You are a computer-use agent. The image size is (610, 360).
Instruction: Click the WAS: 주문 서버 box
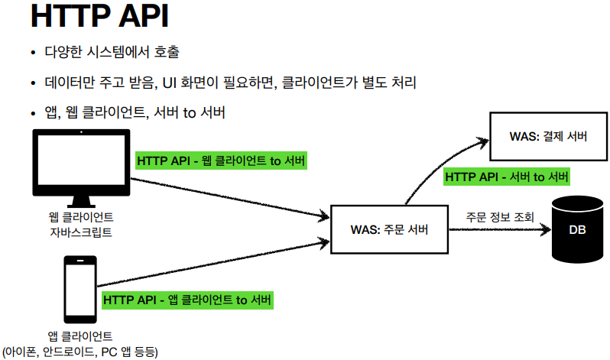(388, 229)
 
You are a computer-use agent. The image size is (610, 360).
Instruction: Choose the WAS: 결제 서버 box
(548, 137)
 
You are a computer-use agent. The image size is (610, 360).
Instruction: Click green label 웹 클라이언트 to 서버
(221, 161)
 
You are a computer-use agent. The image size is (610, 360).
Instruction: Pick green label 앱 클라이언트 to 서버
(187, 299)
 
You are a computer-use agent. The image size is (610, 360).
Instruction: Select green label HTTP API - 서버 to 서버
(507, 177)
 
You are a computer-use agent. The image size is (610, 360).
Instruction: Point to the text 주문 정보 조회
(501, 216)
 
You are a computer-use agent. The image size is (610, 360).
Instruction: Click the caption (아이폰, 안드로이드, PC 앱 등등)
(79, 352)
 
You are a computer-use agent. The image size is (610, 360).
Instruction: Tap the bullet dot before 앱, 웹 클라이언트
(33, 113)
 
